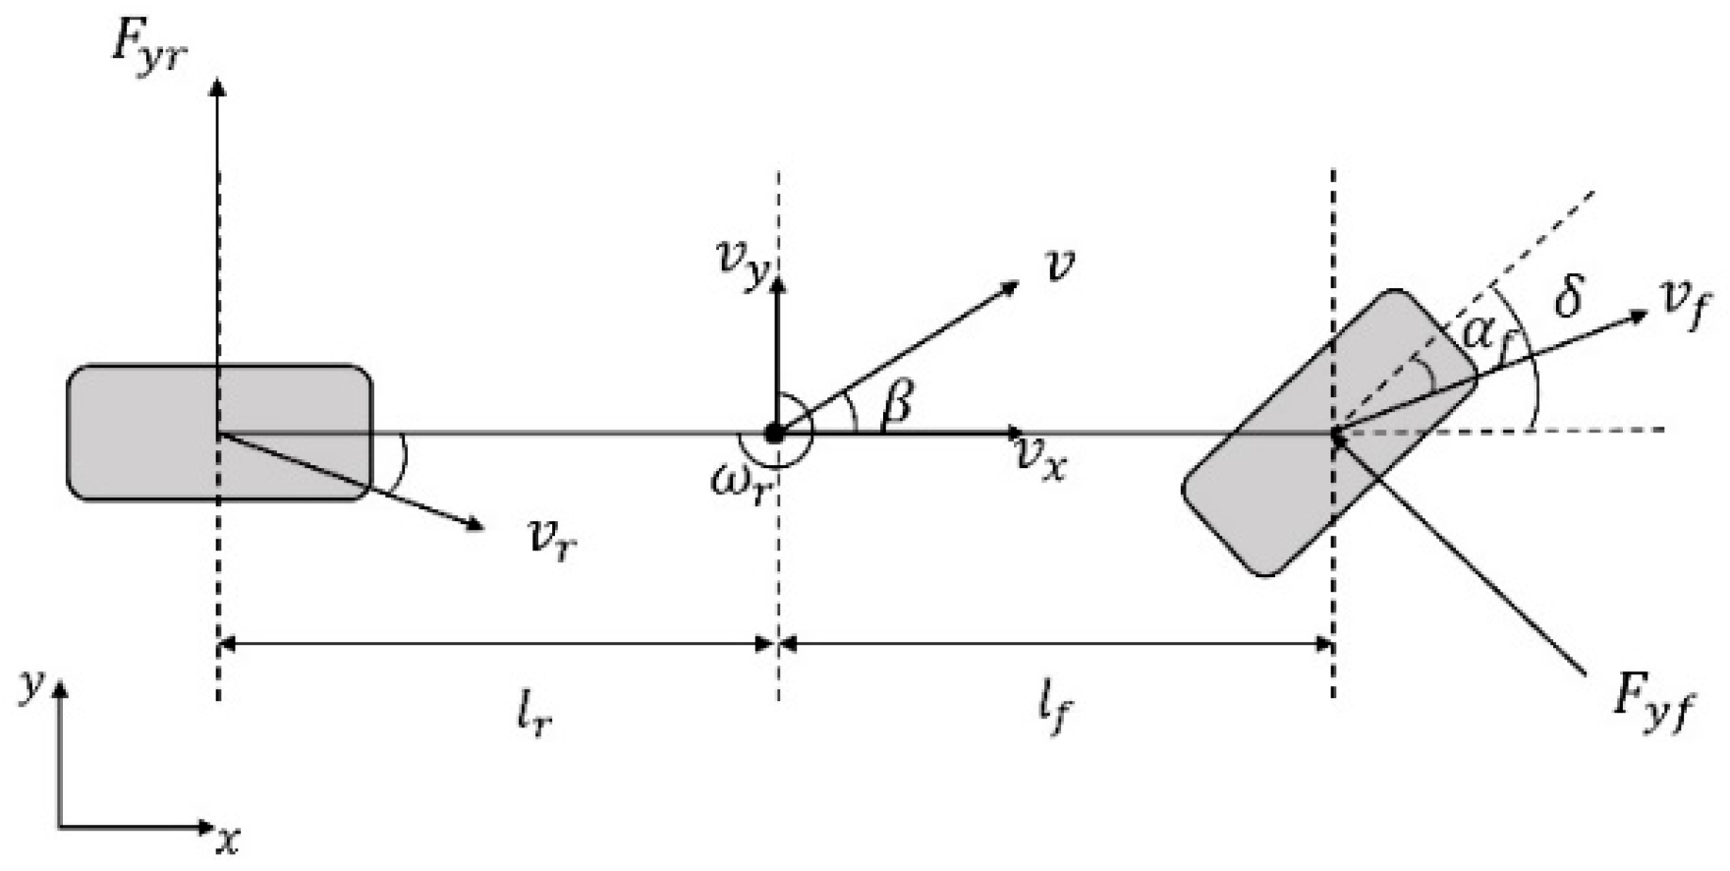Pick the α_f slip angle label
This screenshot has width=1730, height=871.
1484,334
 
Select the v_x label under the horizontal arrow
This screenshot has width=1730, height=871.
1041,458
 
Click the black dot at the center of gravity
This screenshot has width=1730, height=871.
775,433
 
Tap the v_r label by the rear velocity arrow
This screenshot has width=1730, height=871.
553,540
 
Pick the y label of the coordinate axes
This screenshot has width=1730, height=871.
33,685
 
